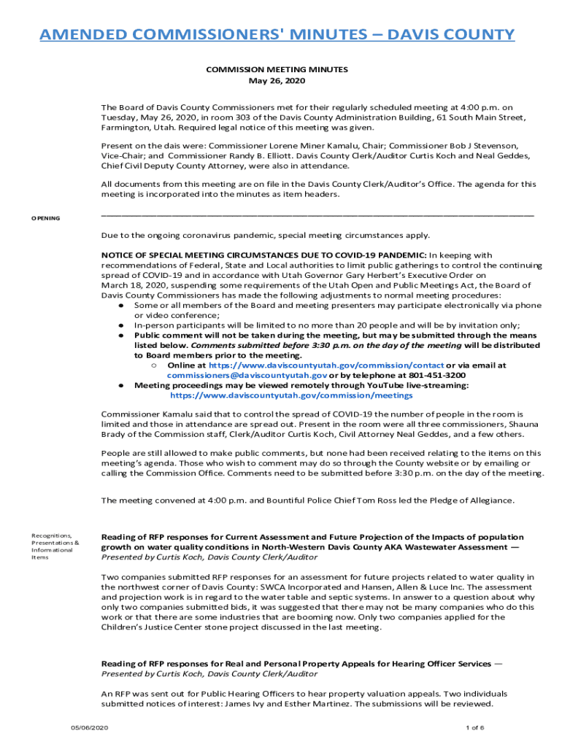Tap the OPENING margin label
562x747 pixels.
coord(45,219)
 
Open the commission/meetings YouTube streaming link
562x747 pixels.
coord(291,395)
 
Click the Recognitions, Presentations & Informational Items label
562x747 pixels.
coord(55,546)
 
